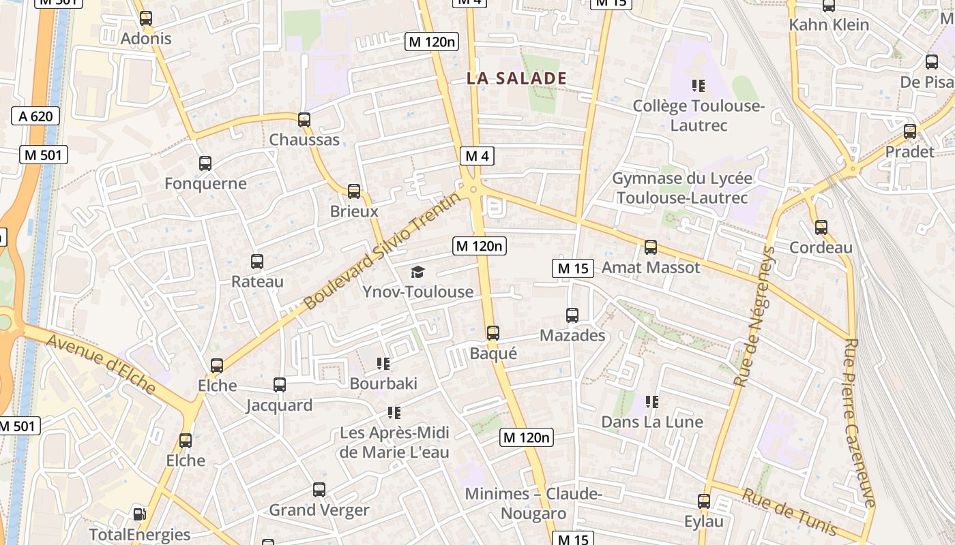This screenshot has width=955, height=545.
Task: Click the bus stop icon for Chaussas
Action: click(x=304, y=120)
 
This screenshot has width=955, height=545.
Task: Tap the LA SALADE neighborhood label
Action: click(x=516, y=78)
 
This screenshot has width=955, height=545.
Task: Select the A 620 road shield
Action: click(x=35, y=116)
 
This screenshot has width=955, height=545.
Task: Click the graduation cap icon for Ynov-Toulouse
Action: click(x=417, y=272)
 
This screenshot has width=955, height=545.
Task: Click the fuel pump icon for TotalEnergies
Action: click(x=139, y=514)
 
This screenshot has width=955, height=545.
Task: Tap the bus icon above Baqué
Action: click(x=493, y=333)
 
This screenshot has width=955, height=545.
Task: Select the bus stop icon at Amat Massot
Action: click(x=650, y=247)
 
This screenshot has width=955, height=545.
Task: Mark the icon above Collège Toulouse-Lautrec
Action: click(x=698, y=86)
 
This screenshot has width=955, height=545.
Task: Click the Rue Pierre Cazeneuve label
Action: click(x=859, y=422)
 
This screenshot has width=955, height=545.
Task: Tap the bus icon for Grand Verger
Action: click(x=319, y=489)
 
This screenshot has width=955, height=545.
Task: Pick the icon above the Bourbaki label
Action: click(x=383, y=363)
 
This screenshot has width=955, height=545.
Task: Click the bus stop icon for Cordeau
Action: click(x=821, y=227)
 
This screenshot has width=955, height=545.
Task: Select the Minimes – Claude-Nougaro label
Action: click(x=533, y=503)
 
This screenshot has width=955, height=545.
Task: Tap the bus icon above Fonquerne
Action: click(x=205, y=163)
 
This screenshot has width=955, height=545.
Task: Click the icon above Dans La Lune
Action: click(x=652, y=402)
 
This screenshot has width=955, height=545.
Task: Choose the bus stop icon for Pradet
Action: click(x=909, y=131)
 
